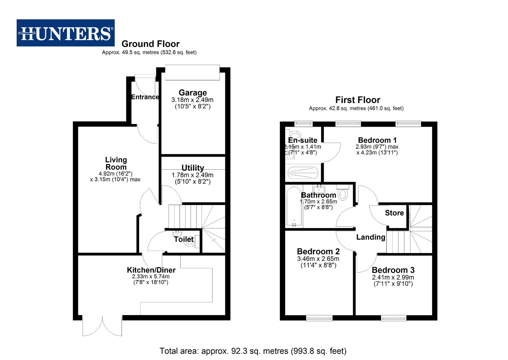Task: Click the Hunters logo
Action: click(66, 33)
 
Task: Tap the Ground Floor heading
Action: click(150, 44)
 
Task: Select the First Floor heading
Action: click(357, 100)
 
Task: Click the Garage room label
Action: click(193, 93)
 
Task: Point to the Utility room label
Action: click(193, 168)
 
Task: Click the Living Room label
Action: click(116, 163)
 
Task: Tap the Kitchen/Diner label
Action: click(151, 270)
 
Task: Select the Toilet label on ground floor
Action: click(184, 239)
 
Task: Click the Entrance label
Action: click(145, 97)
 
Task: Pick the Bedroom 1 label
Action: click(377, 140)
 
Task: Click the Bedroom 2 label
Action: click(318, 251)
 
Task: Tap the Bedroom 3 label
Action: click(393, 270)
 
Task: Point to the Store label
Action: click(394, 213)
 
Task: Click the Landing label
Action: click(370, 237)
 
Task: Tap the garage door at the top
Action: click(193, 72)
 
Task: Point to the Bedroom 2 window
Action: click(319, 318)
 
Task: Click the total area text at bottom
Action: click(253, 351)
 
